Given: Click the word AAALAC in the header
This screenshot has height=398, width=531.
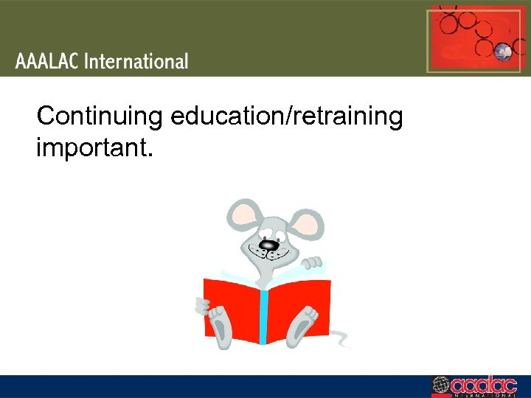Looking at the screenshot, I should click(47, 61).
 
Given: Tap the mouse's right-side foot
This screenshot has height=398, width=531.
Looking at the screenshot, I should click(302, 325).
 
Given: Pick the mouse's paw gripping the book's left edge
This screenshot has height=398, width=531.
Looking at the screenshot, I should click(201, 304).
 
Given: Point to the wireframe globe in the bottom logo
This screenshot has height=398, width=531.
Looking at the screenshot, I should click(441, 386).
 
